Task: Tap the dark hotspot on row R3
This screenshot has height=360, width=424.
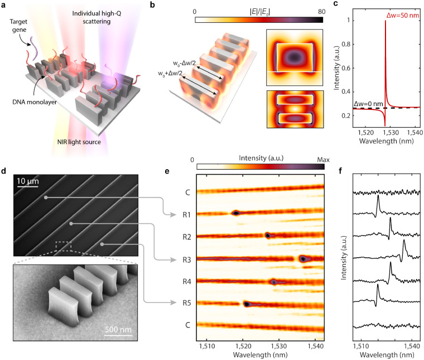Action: pyautogui.click(x=303, y=259)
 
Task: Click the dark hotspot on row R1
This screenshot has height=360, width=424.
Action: pyautogui.click(x=235, y=213)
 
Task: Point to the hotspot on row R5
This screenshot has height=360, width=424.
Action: pyautogui.click(x=247, y=304)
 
